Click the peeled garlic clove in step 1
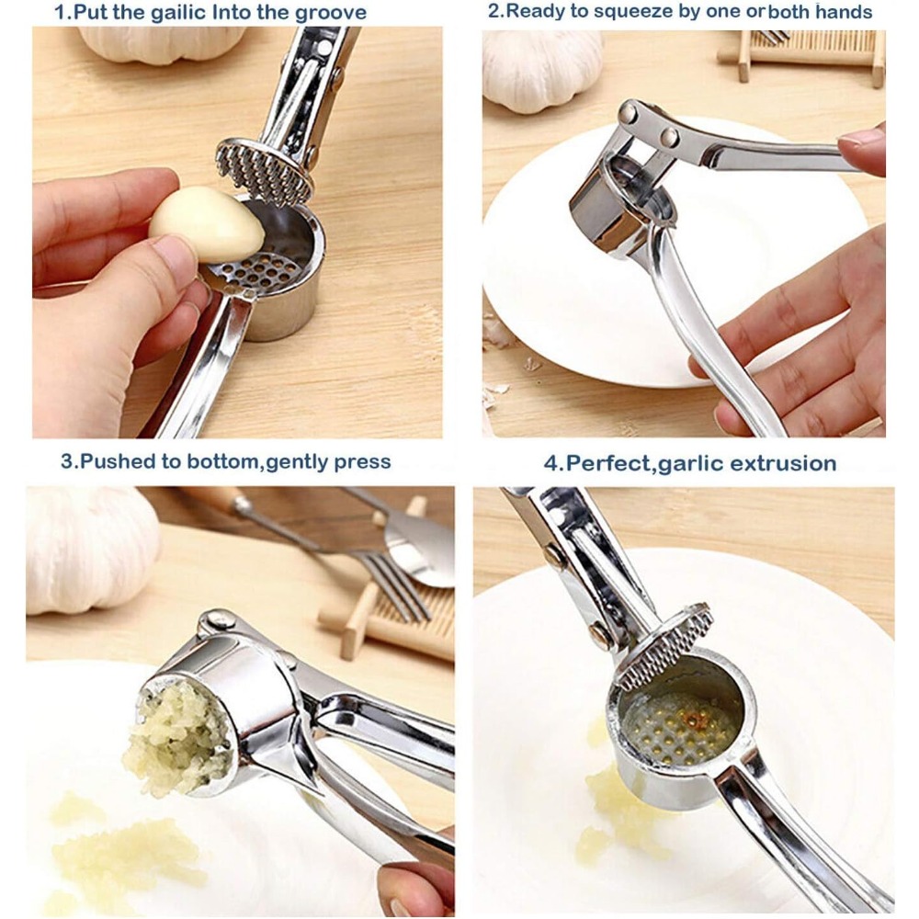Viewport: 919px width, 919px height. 208,223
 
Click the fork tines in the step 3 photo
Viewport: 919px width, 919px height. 395,588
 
